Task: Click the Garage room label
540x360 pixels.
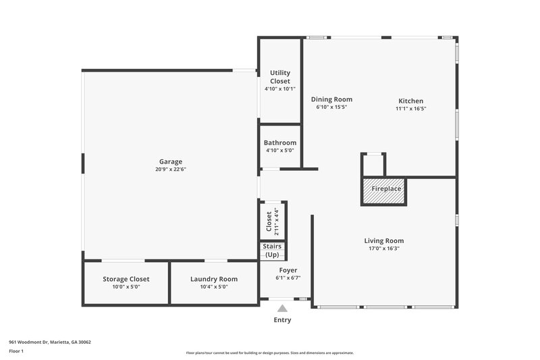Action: pyautogui.click(x=171, y=161)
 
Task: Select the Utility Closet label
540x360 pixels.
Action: pyautogui.click(x=280, y=77)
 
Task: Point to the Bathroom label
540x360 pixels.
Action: pyautogui.click(x=280, y=143)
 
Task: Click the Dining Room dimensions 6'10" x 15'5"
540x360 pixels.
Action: pyautogui.click(x=331, y=107)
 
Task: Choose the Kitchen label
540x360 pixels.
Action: pyautogui.click(x=410, y=100)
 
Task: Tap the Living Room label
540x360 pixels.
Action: pyautogui.click(x=384, y=240)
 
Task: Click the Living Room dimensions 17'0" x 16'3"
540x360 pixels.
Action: pyautogui.click(x=384, y=249)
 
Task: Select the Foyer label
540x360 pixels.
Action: pyautogui.click(x=288, y=269)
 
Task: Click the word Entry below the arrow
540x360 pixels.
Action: pyautogui.click(x=282, y=319)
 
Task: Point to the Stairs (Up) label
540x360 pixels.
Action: pyautogui.click(x=272, y=251)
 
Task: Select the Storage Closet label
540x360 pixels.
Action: pyautogui.click(x=126, y=279)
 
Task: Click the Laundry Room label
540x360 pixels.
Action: pyautogui.click(x=214, y=279)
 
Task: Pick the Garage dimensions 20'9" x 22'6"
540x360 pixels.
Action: pyautogui.click(x=171, y=170)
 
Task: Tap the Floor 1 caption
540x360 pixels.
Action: pyautogui.click(x=16, y=351)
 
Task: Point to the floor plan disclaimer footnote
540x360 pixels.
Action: pyautogui.click(x=270, y=353)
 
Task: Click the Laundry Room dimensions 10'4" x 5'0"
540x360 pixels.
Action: pyautogui.click(x=214, y=287)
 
